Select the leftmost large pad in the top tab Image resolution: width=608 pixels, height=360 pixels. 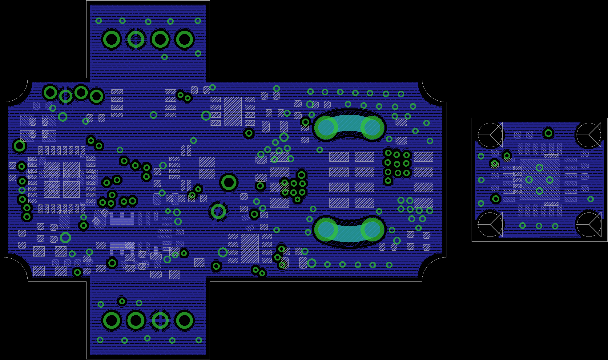[111, 39]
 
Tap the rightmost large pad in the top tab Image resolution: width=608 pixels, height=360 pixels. [184, 39]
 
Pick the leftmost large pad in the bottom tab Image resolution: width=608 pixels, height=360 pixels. [111, 320]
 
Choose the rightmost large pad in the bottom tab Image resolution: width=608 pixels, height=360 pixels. [184, 320]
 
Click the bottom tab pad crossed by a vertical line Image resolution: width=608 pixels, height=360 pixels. [160, 320]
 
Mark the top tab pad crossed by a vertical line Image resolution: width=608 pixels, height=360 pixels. [136, 39]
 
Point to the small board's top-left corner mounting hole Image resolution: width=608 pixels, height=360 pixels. [490, 135]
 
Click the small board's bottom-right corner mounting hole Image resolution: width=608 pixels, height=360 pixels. [589, 224]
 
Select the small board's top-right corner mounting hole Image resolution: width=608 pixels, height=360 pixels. [589, 135]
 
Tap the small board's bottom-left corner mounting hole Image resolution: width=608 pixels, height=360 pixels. [490, 224]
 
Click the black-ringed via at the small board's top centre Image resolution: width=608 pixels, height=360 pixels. [548, 133]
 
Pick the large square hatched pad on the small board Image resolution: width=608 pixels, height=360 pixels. [540, 179]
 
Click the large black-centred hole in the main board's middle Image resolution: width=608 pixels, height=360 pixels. [229, 182]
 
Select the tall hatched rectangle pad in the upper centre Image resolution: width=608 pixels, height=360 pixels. [233, 111]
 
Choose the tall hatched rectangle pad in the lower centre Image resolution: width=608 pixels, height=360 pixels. [250, 248]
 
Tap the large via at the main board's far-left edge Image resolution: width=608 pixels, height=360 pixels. [20, 146]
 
